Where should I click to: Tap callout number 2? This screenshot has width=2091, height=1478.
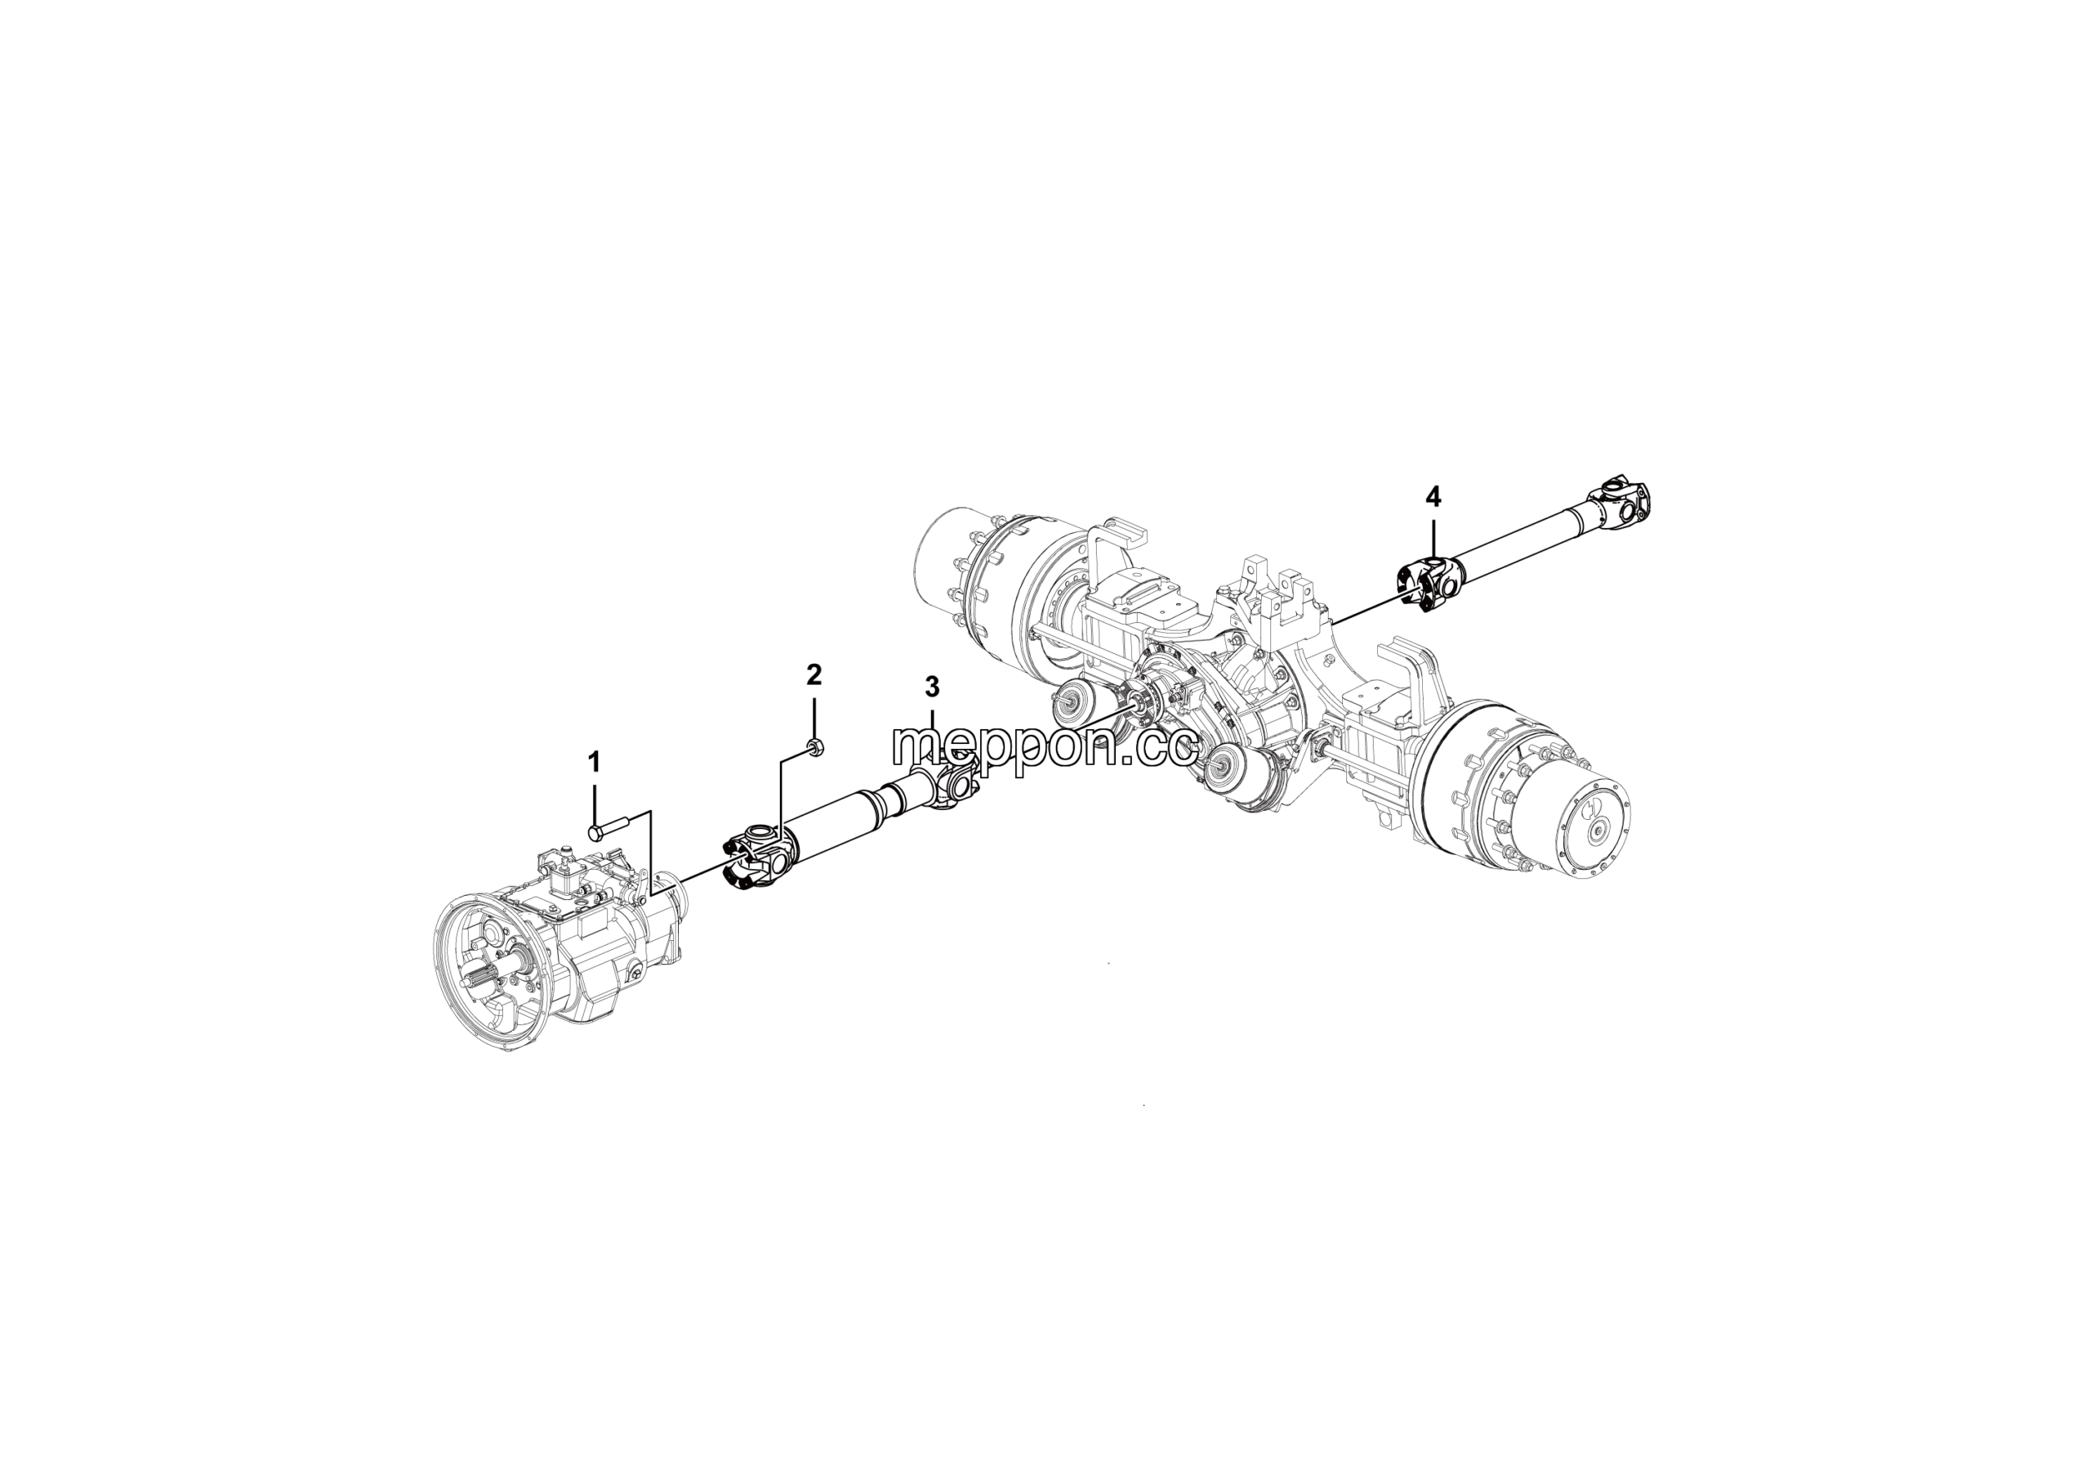pyautogui.click(x=814, y=674)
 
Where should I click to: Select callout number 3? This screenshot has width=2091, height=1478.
pyautogui.click(x=932, y=686)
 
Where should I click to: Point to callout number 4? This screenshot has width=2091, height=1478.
pyautogui.click(x=1433, y=498)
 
